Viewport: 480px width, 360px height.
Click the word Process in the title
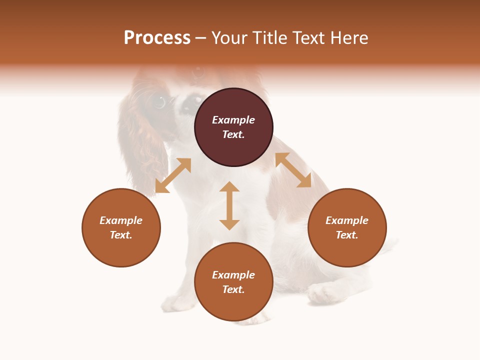157,38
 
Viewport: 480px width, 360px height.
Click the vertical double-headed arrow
229,205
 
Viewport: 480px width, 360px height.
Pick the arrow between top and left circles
173,175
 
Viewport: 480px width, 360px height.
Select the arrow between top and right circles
293,170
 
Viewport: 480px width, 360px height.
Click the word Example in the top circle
233,120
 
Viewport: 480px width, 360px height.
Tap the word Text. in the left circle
121,235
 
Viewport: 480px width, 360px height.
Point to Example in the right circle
347,220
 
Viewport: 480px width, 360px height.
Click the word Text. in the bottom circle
233,289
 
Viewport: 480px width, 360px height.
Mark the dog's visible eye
159,102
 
